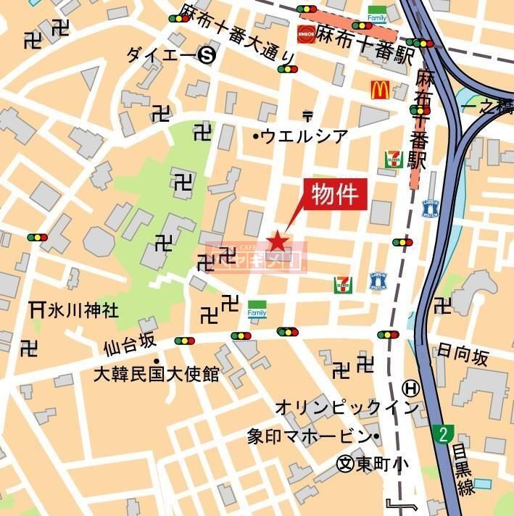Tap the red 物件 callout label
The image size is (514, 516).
coord(336,194)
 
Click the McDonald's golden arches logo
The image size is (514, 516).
coord(381,90)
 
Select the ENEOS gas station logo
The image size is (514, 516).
coord(305,33)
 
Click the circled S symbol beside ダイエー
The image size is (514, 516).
coord(208,55)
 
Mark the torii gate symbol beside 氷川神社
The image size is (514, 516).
coord(37,309)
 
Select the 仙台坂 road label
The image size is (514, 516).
coord(129,346)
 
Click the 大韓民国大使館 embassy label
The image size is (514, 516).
coord(156,375)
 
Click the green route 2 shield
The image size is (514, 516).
coord(443,434)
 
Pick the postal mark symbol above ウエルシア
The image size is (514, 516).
coord(307,115)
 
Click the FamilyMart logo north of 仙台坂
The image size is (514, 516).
coord(257,309)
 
